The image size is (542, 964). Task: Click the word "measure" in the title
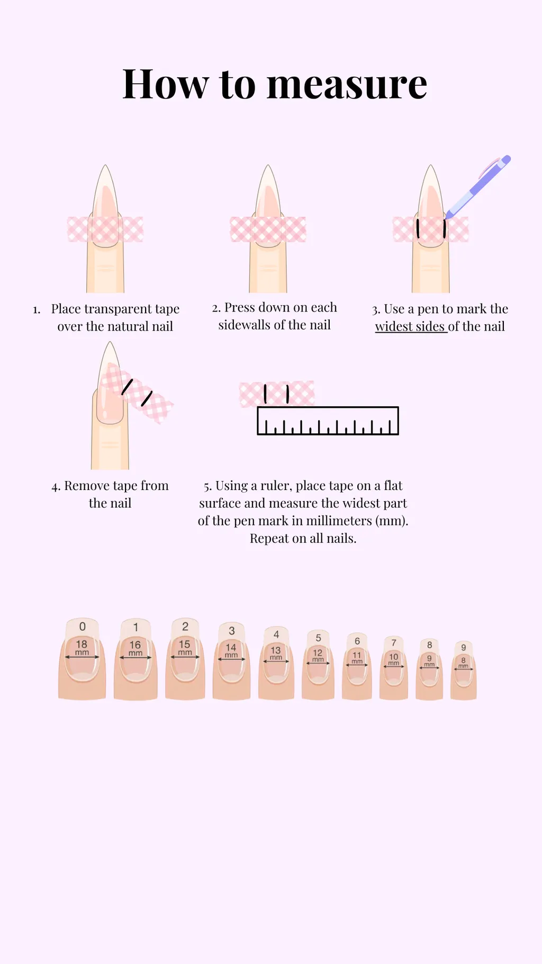click(347, 85)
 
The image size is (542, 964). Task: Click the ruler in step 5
click(328, 421)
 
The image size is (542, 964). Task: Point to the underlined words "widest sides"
click(410, 327)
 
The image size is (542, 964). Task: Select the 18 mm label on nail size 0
click(82, 647)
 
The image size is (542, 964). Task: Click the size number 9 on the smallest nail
click(464, 647)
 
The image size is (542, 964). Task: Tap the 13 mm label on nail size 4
click(276, 653)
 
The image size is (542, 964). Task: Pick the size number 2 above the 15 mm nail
click(185, 627)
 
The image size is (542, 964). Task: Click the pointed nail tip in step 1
click(106, 166)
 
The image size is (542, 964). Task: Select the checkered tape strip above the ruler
click(277, 394)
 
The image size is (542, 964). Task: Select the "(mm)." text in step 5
click(392, 521)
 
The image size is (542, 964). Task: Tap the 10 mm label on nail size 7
click(394, 659)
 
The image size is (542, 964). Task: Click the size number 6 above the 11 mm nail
click(357, 641)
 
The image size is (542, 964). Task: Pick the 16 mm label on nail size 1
click(135, 647)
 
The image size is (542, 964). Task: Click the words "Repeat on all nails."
click(303, 539)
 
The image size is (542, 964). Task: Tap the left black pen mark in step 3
click(418, 228)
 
